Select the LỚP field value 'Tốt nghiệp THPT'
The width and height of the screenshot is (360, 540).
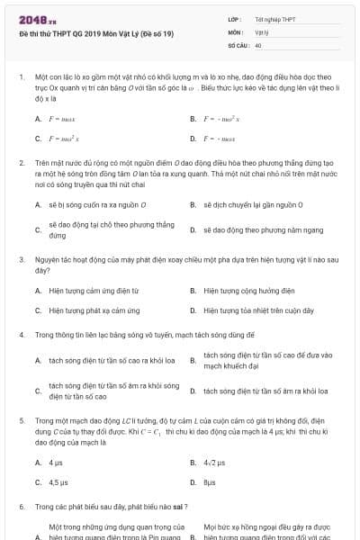coord(275,19)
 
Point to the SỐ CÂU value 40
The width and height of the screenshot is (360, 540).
coord(258,44)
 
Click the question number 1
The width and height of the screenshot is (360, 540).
coord(21,77)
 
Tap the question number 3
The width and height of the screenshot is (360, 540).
coord(21,259)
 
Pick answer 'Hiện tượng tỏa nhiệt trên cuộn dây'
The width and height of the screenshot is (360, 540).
coord(258,310)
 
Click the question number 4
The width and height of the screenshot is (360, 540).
coord(21,335)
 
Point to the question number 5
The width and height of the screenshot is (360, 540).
coord(21,420)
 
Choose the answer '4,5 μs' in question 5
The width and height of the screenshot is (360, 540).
coord(58,481)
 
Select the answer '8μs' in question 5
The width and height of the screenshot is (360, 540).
coord(210,481)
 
